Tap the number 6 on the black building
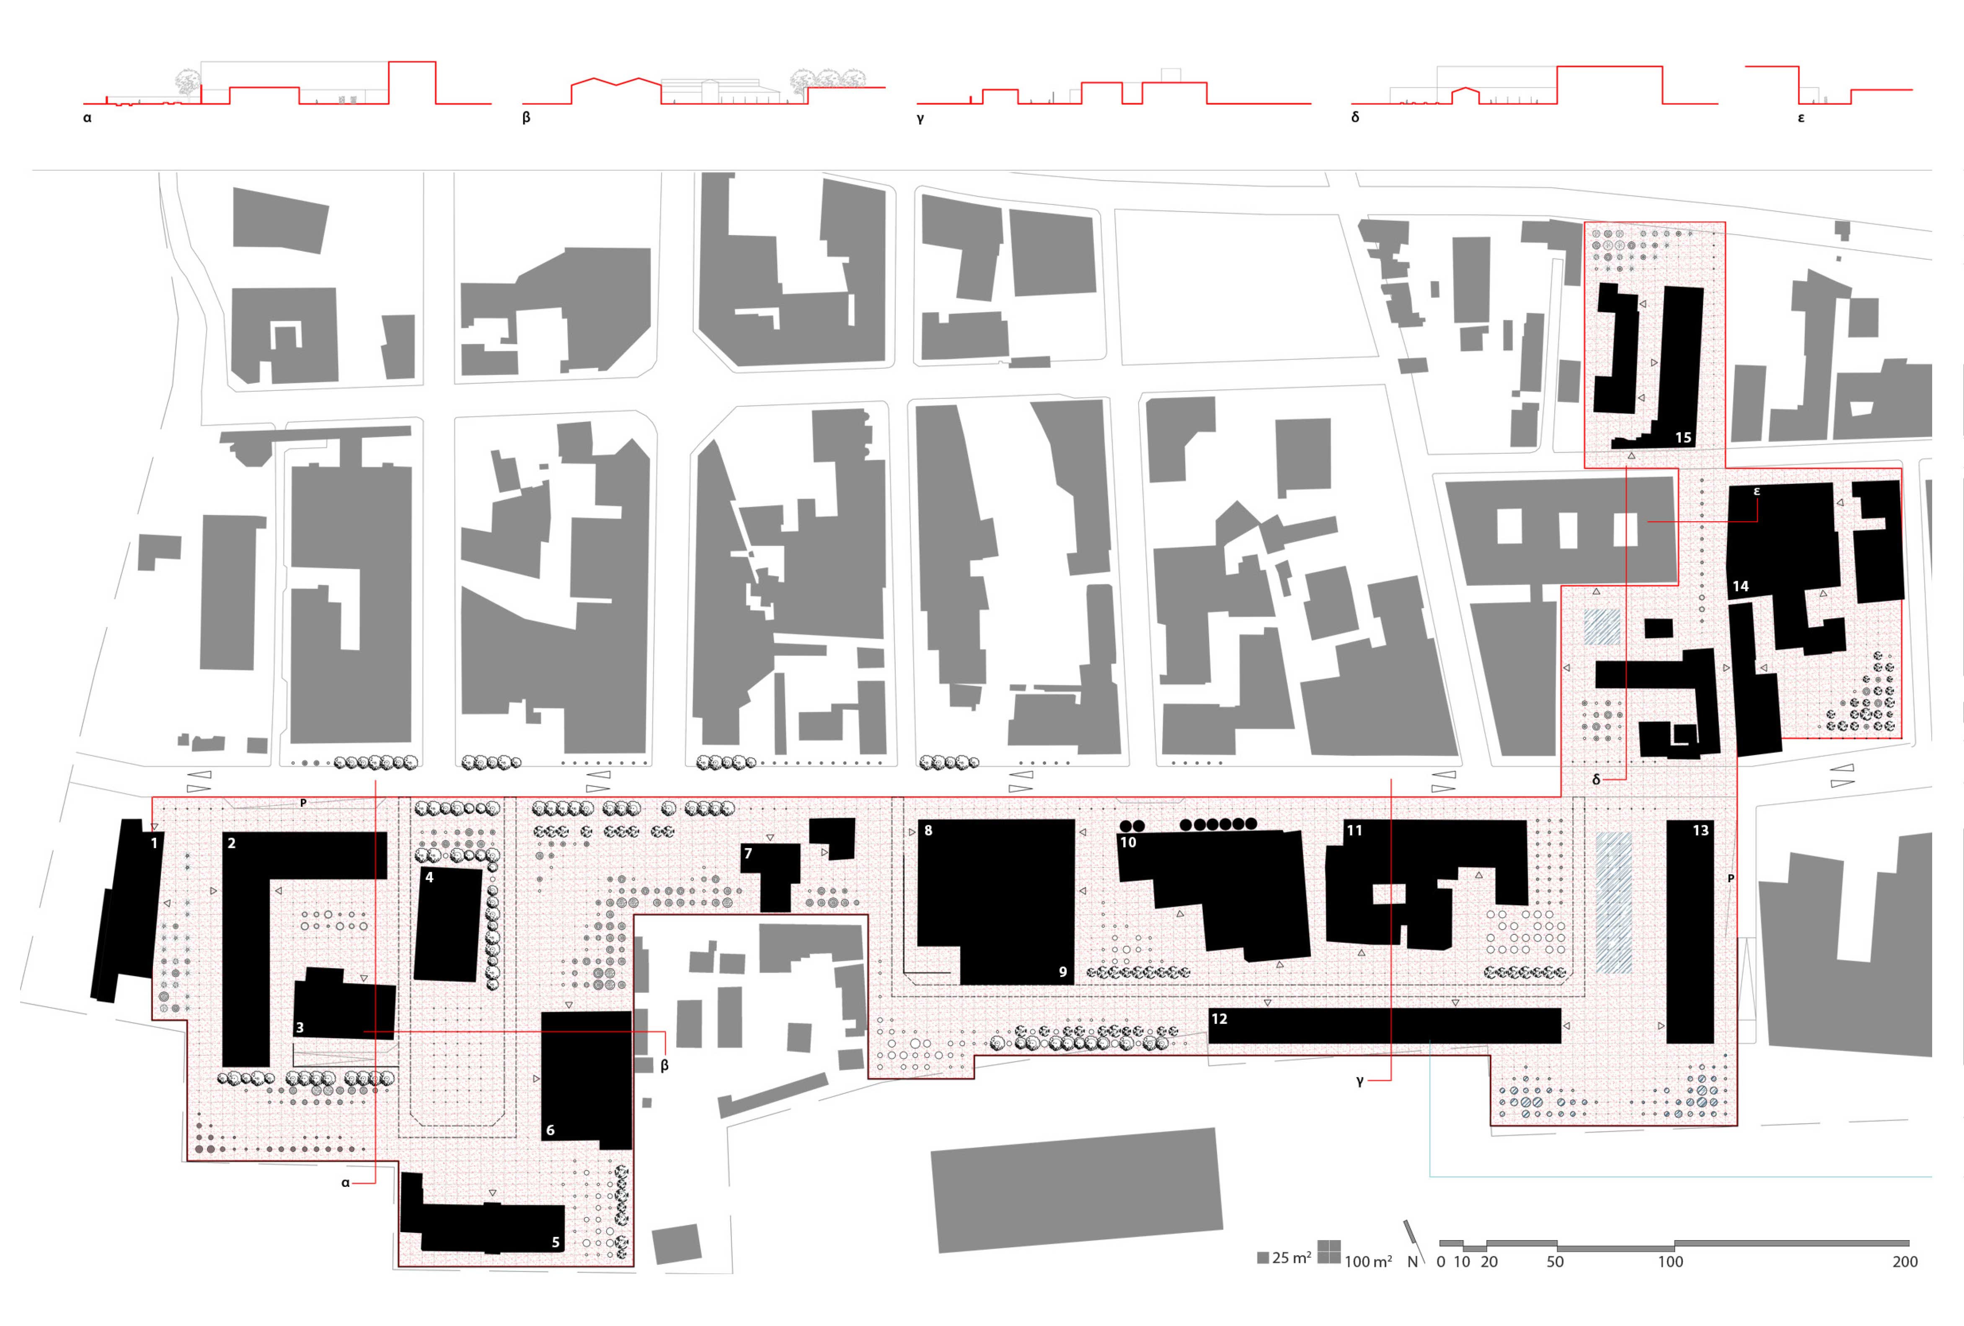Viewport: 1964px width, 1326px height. tap(550, 1130)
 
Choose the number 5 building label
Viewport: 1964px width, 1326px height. tap(555, 1242)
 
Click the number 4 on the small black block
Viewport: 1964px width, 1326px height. tap(429, 877)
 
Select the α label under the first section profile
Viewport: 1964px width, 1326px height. tap(87, 118)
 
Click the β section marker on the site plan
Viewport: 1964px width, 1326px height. tap(664, 1066)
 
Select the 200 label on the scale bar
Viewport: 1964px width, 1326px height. tap(1905, 1262)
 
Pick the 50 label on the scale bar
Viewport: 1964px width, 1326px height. tap(1555, 1262)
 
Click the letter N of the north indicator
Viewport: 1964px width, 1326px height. tap(1412, 1262)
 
